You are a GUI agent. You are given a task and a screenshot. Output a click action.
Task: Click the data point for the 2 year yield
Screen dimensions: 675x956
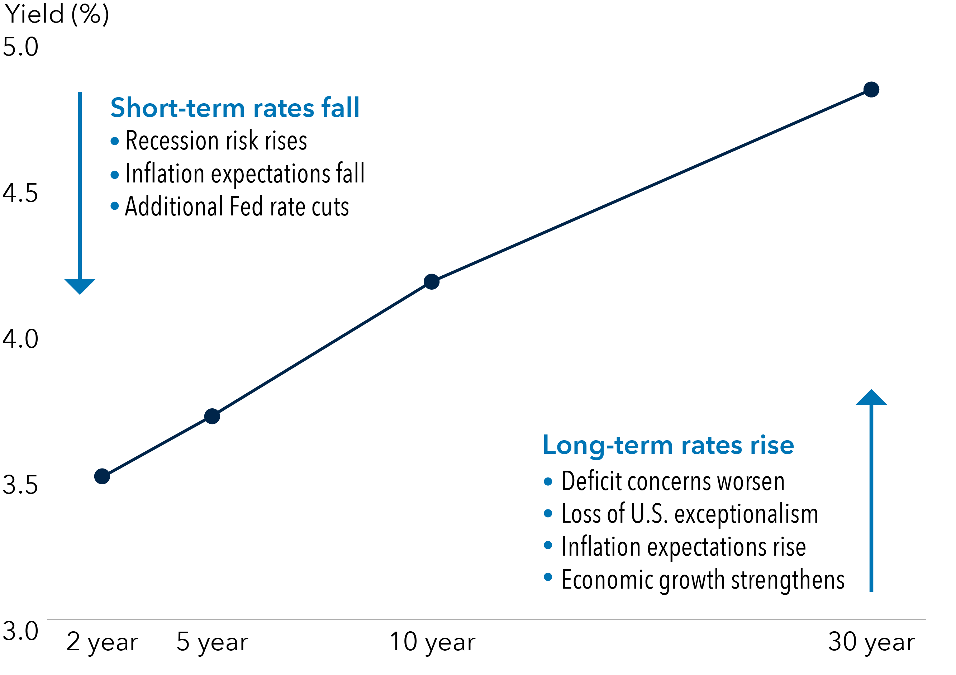tap(102, 476)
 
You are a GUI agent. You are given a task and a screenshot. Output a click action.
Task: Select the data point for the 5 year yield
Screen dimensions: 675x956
tap(212, 416)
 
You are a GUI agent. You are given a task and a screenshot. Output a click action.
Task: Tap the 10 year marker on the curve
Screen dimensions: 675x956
tap(431, 281)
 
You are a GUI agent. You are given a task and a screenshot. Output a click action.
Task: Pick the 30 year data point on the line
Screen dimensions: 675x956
tap(871, 89)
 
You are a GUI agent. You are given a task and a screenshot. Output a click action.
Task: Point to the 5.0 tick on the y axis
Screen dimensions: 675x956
tap(20, 47)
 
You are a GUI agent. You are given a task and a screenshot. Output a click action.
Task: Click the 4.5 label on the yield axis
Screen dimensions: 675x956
tap(20, 193)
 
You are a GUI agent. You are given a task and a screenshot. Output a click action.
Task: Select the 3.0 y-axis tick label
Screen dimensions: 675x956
tap(20, 631)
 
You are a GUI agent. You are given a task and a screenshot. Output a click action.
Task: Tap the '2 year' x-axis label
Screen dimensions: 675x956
tap(102, 642)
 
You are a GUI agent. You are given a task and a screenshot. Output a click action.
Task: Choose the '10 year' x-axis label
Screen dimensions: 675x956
tap(432, 642)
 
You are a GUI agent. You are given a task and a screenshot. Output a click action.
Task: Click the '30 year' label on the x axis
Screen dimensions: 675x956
tap(871, 642)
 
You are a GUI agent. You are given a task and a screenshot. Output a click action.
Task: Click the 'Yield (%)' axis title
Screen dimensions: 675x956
tap(56, 14)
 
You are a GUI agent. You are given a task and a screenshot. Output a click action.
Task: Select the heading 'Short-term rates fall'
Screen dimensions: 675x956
tap(235, 108)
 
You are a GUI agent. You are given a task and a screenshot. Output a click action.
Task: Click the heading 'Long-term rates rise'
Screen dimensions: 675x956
tap(668, 445)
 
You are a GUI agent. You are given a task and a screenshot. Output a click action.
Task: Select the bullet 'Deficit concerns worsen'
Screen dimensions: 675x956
tap(673, 481)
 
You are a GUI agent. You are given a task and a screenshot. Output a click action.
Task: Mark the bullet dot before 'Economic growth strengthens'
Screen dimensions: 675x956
tap(548, 577)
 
